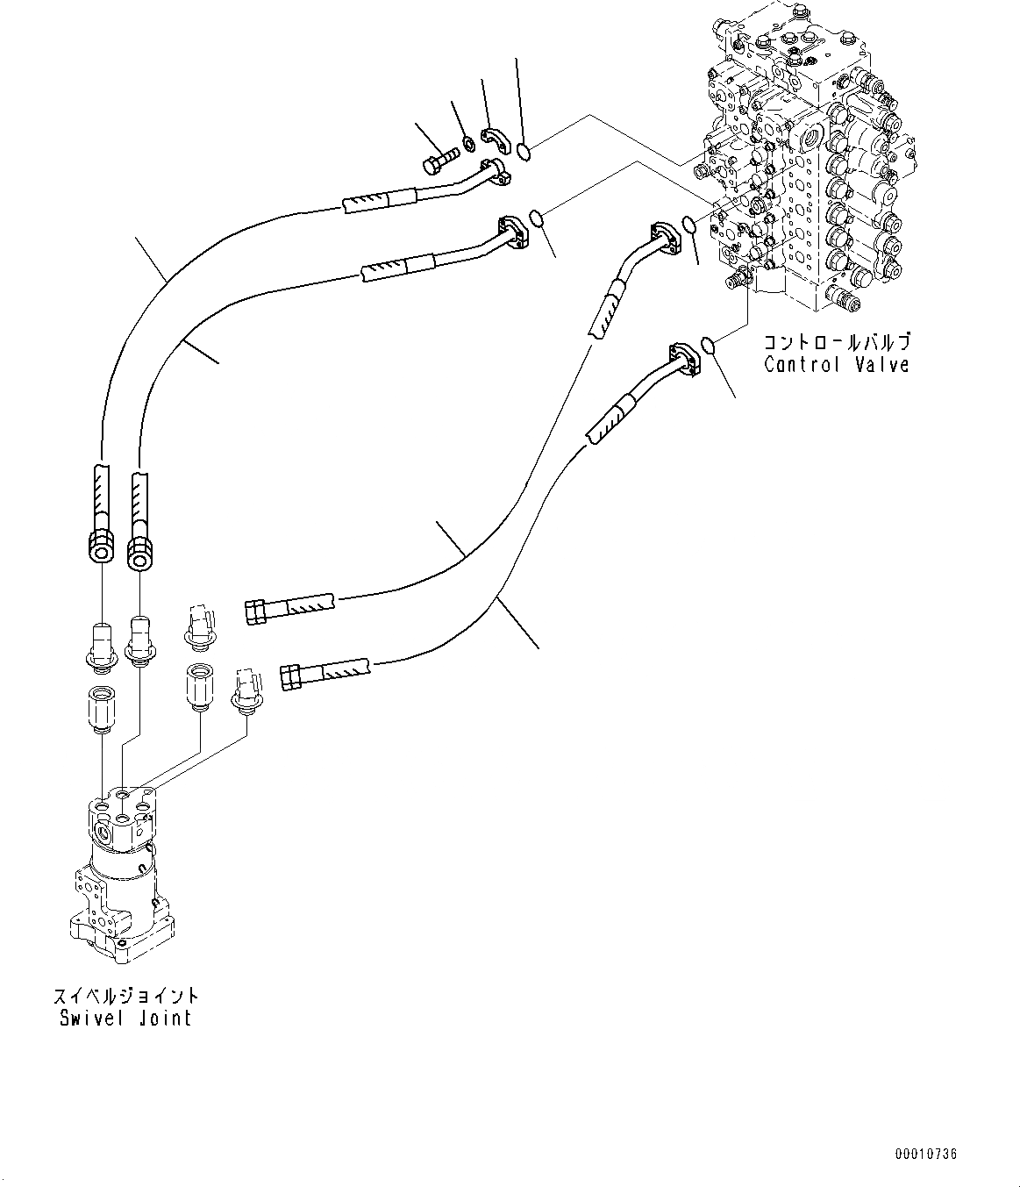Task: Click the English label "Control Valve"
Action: [836, 365]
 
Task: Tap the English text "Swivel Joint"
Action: [125, 1018]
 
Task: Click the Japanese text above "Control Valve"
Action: [836, 341]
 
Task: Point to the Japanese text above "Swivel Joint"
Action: [125, 996]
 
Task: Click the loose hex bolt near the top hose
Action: [439, 161]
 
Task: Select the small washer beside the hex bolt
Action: [469, 142]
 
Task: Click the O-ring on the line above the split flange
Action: [523, 153]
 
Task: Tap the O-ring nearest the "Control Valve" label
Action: [710, 347]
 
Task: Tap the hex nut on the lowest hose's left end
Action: [291, 677]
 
